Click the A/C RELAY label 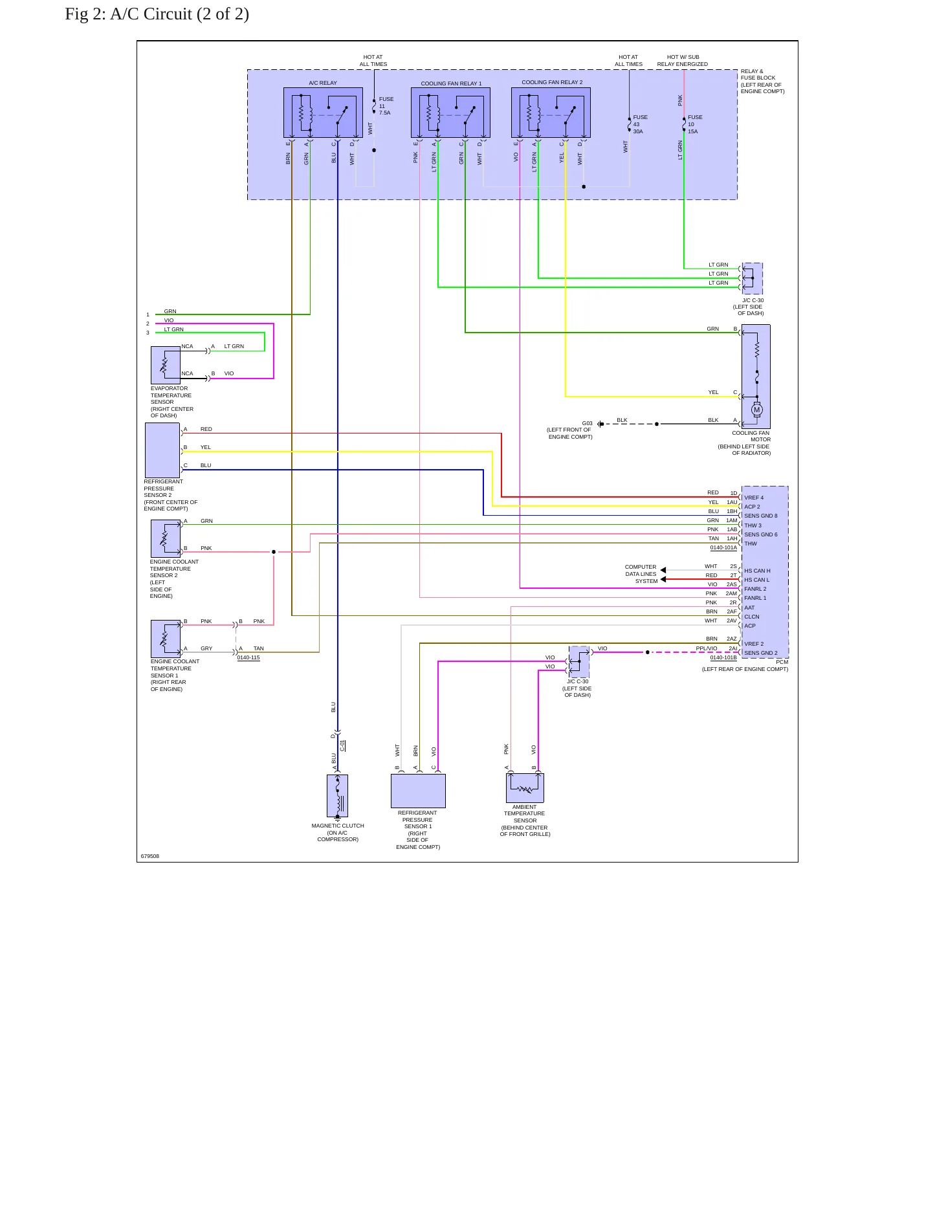tap(322, 83)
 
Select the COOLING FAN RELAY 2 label tap(552, 82)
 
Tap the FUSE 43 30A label tap(640, 124)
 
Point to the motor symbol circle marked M tap(757, 410)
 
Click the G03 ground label tap(587, 423)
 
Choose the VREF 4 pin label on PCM tap(754, 498)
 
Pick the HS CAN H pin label tap(757, 571)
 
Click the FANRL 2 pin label tap(755, 589)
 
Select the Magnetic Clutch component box tap(337, 796)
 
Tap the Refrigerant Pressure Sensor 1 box tap(418, 791)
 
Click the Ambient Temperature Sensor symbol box tap(525, 787)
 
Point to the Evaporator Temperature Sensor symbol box tap(166, 365)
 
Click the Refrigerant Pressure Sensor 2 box tap(162, 450)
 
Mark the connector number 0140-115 tap(248, 657)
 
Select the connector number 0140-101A tap(723, 547)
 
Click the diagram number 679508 tap(150, 856)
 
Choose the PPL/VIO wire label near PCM tap(707, 648)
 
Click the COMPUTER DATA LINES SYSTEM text tap(641, 574)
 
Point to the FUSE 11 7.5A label tap(386, 106)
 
